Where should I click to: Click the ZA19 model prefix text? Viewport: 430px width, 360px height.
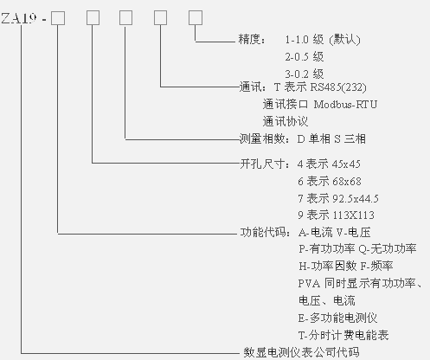tap(19, 18)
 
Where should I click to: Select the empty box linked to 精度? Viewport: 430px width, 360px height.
tap(196, 18)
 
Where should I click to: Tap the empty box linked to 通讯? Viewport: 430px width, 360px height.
tap(160, 18)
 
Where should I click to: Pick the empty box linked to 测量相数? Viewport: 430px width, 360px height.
tap(125, 18)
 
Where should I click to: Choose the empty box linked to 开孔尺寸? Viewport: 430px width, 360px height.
tap(93, 18)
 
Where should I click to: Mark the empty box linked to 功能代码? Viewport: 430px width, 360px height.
tap(58, 18)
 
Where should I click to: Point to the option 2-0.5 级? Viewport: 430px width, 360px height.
tap(305, 57)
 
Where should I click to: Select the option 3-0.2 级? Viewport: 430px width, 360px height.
tap(305, 74)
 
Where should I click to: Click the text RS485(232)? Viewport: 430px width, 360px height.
tap(338, 87)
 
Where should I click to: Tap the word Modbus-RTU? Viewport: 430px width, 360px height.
tap(345, 104)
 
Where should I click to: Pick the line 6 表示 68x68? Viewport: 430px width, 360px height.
tap(330, 182)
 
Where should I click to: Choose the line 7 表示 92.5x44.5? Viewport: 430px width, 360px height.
tap(338, 198)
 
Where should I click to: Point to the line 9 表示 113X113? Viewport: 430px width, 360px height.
tap(337, 215)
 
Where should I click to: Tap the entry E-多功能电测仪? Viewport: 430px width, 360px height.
tap(337, 318)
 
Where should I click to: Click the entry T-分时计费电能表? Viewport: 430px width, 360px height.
tap(343, 335)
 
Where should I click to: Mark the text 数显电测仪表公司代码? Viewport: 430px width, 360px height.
tap(302, 352)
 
